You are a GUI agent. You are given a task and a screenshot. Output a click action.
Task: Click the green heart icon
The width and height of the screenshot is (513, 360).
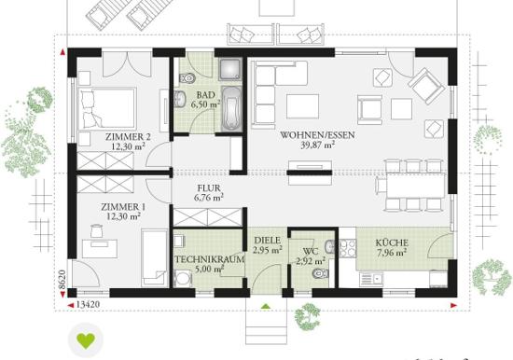[86, 340]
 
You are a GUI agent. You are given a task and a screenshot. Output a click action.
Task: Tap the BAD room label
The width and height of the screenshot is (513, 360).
[205, 95]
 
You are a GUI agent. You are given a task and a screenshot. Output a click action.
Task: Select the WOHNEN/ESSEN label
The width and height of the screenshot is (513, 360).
[317, 135]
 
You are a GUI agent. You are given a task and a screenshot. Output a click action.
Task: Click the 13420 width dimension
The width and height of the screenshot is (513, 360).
[88, 305]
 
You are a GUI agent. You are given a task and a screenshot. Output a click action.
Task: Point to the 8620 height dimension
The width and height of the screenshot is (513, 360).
[62, 280]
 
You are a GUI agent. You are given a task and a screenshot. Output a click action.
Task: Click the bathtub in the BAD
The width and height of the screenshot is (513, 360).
[231, 109]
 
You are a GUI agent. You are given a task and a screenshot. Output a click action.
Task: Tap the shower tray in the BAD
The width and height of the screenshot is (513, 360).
[230, 69]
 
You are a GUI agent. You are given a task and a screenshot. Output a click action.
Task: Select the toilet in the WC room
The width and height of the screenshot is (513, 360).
[320, 273]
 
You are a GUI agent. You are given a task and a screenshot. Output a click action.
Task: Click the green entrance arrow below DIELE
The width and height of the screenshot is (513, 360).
[266, 306]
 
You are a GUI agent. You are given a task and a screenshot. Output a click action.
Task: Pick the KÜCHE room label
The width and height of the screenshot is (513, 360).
[392, 242]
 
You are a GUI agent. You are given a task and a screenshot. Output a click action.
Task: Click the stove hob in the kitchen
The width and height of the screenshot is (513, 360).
[348, 249]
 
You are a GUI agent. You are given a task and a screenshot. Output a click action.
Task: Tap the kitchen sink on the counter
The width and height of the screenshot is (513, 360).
[371, 279]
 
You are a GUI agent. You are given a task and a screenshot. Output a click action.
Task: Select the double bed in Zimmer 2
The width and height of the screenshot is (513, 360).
[107, 107]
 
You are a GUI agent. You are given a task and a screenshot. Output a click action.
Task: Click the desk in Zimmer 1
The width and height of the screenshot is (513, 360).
[100, 249]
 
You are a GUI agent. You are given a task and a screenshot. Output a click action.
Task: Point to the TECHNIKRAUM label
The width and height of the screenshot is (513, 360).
[209, 259]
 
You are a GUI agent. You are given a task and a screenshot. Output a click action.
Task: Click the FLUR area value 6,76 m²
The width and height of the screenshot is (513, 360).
[209, 198]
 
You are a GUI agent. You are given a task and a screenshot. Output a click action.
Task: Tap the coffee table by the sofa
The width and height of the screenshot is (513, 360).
[302, 106]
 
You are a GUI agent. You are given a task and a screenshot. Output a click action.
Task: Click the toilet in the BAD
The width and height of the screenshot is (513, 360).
[187, 78]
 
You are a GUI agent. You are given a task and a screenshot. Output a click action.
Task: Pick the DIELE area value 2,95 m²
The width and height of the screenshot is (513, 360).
[268, 250]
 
